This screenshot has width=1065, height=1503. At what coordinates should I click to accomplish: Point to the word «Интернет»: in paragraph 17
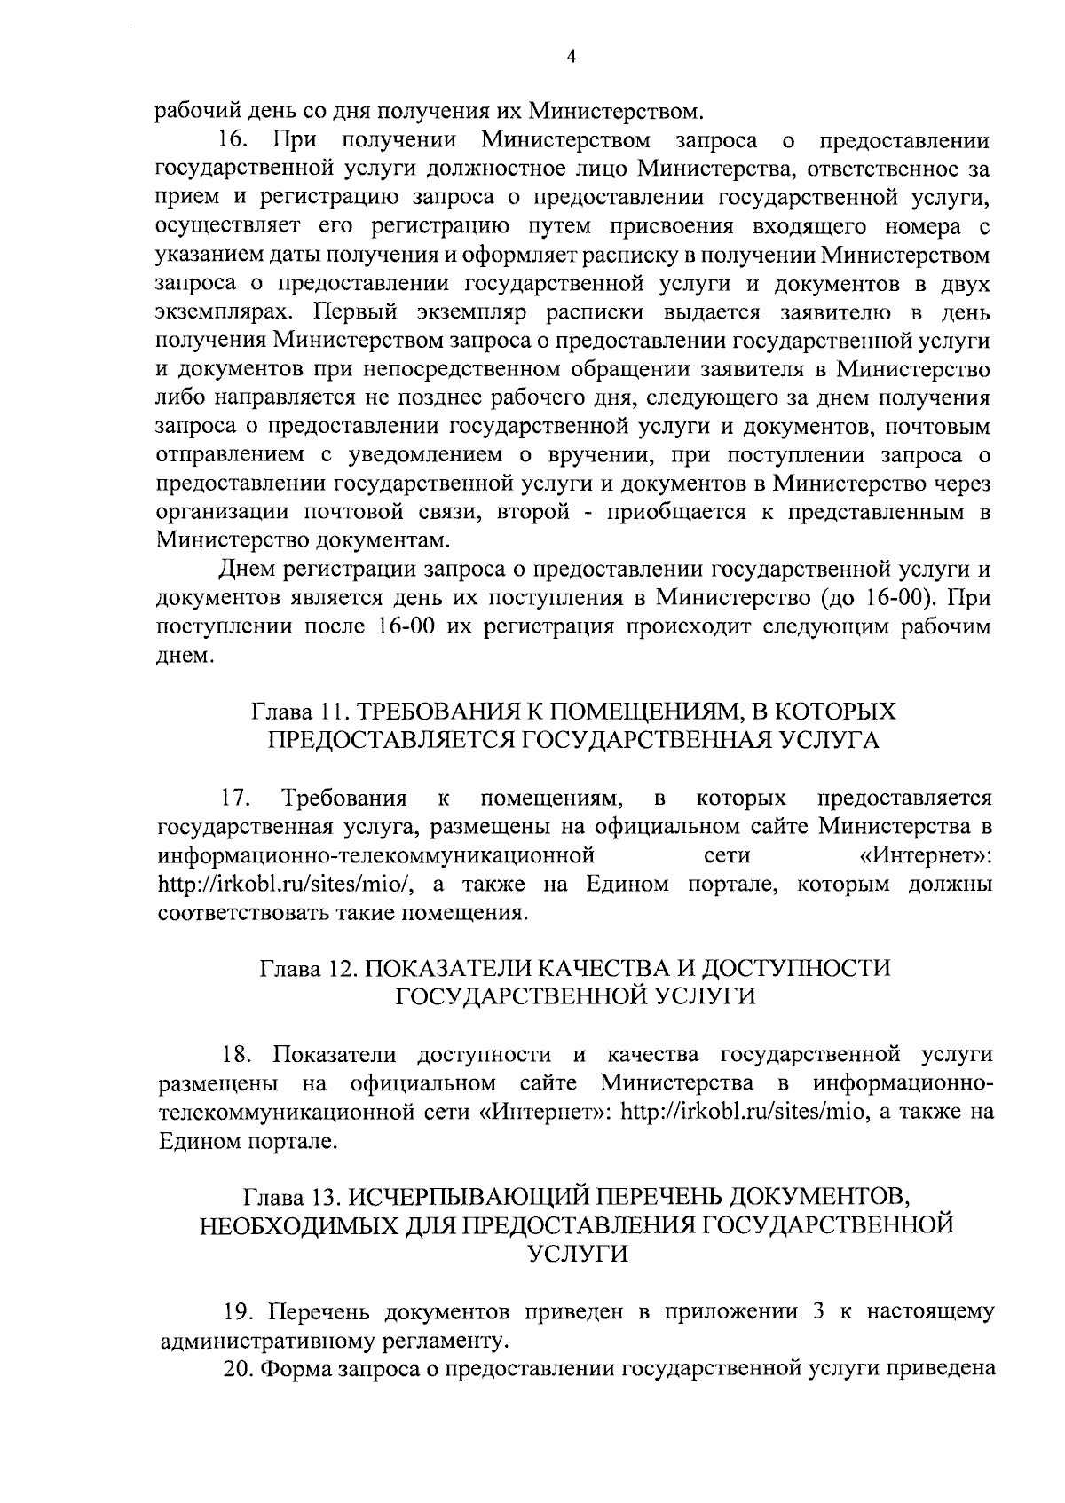click(x=926, y=856)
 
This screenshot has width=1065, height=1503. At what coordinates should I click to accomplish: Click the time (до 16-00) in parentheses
click(x=875, y=598)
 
